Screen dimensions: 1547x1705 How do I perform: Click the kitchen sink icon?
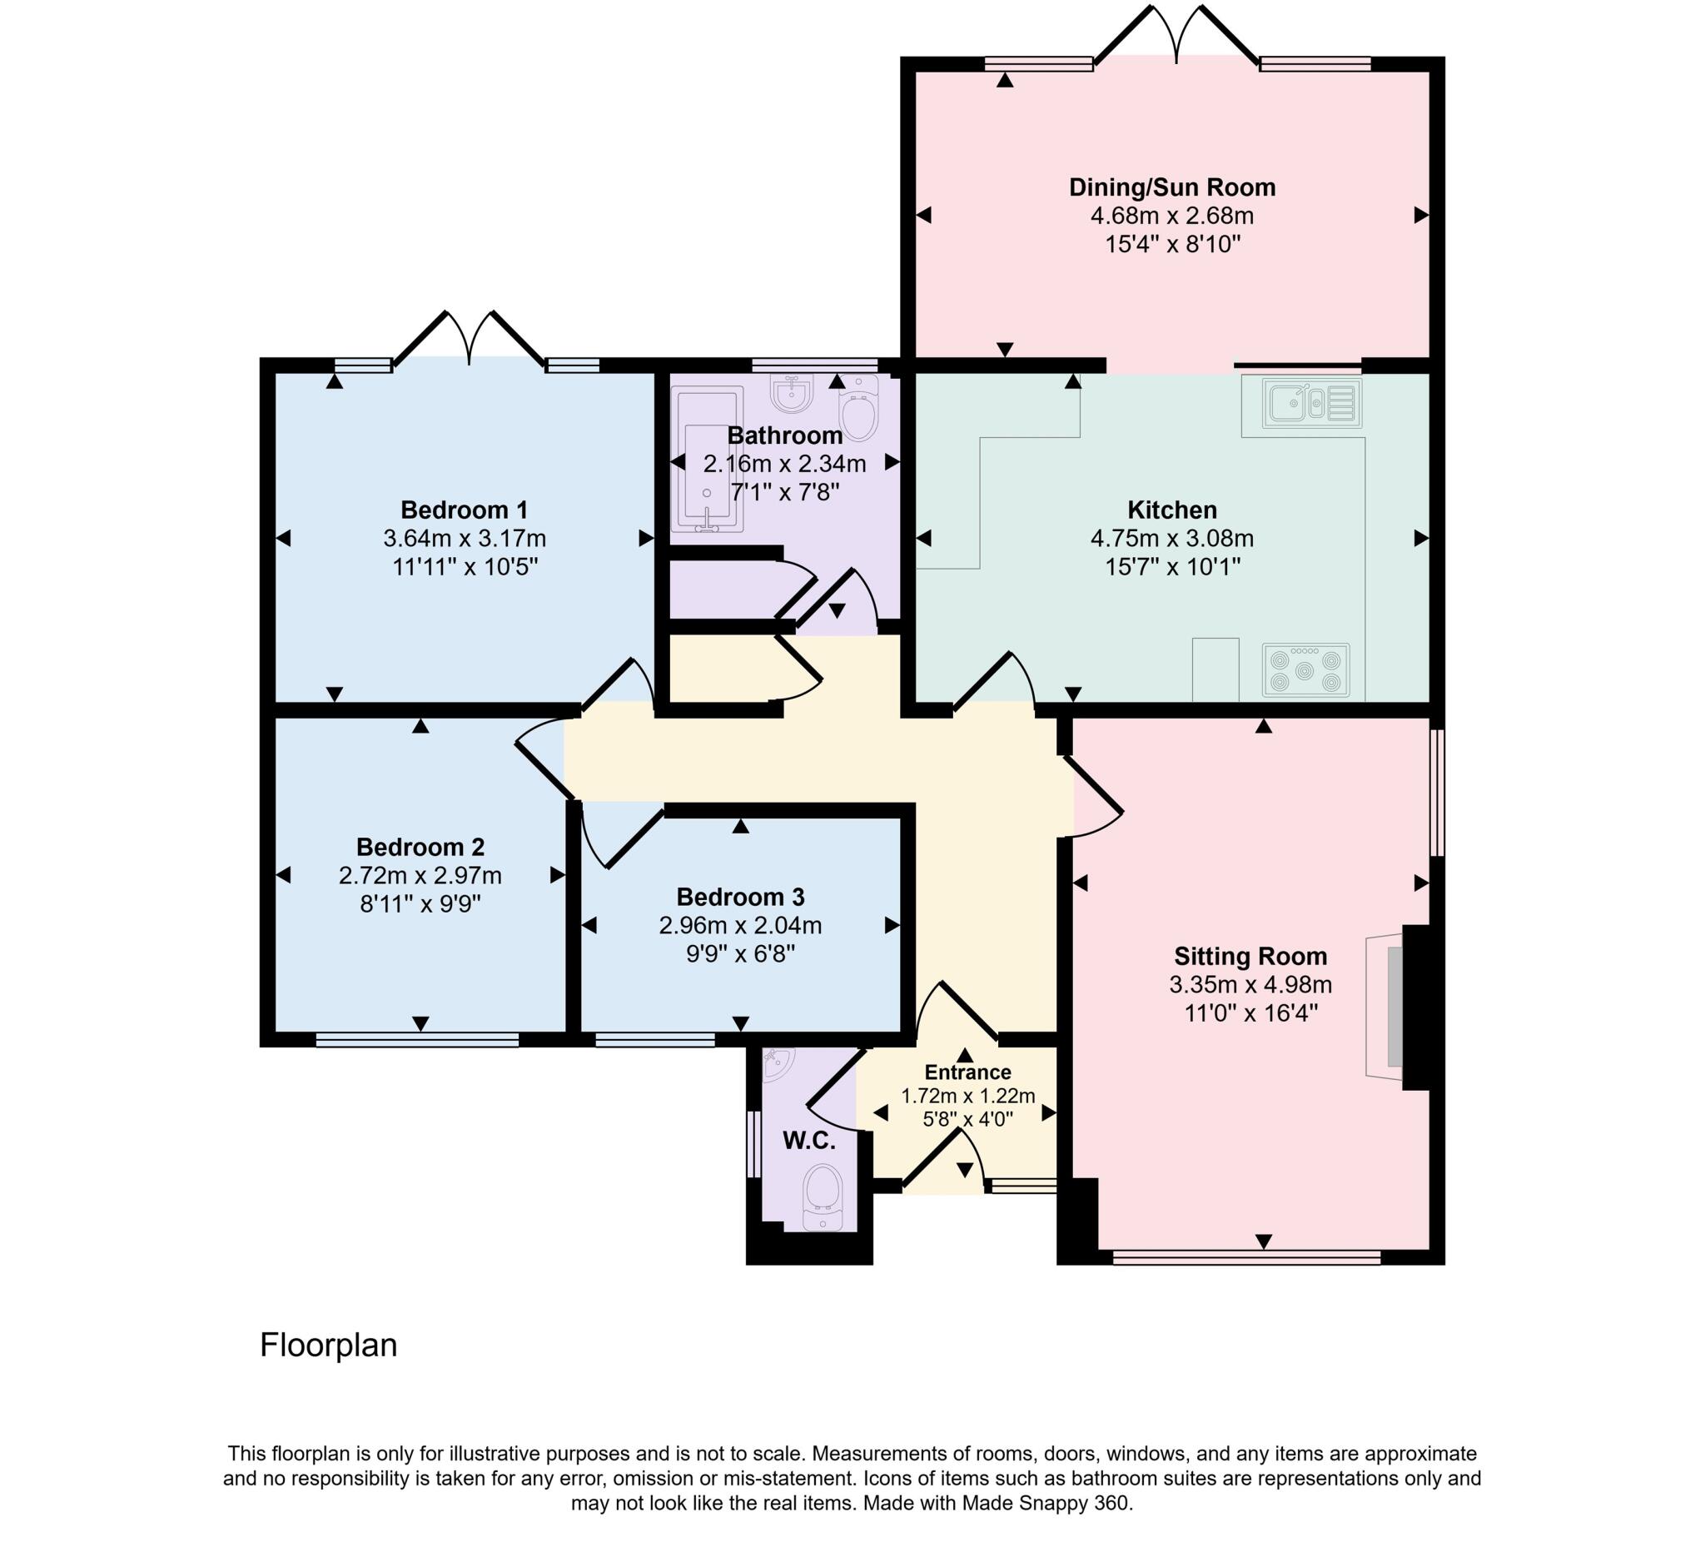point(1311,404)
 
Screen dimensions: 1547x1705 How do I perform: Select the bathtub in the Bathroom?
point(707,460)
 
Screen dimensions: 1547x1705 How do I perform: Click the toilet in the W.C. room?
point(821,1195)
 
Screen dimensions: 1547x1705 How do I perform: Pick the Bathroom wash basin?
point(793,393)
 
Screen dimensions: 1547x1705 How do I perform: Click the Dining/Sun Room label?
point(1172,187)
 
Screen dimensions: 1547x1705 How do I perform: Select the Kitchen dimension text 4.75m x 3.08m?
point(1172,538)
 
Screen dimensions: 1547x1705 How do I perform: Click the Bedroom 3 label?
point(740,897)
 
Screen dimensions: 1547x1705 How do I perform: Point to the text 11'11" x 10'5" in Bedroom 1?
point(465,567)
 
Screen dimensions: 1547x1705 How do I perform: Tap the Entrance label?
point(967,1072)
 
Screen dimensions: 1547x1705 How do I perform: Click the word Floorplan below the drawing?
point(328,1345)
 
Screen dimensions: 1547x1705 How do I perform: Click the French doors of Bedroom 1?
point(470,338)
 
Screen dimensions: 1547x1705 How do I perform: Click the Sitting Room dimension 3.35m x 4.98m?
point(1250,984)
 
